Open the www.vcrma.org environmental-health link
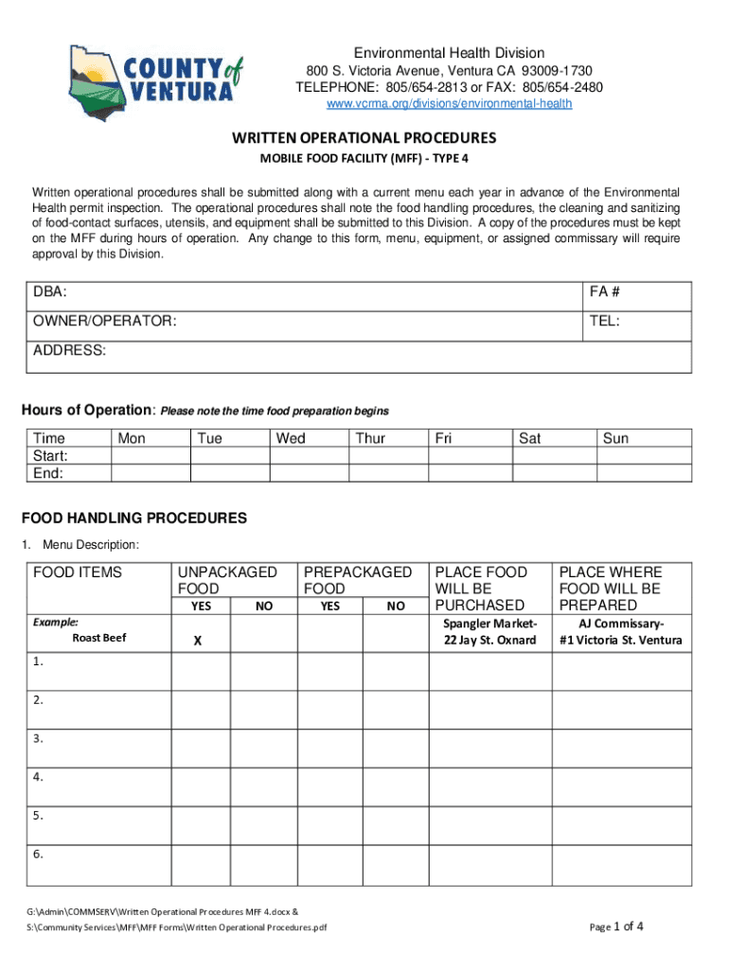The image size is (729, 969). pyautogui.click(x=449, y=103)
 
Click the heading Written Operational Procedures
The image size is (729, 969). pyautogui.click(x=364, y=137)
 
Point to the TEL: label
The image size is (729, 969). pyautogui.click(x=604, y=322)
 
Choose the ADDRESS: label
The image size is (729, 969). pyautogui.click(x=70, y=350)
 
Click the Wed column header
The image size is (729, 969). pyautogui.click(x=291, y=438)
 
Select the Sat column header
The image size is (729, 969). pyautogui.click(x=529, y=438)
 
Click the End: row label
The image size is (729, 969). pyautogui.click(x=48, y=472)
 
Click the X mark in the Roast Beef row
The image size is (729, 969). pyautogui.click(x=198, y=641)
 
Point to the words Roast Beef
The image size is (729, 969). pyautogui.click(x=99, y=638)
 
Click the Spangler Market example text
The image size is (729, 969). pyautogui.click(x=489, y=631)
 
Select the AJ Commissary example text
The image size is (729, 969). pyautogui.click(x=621, y=631)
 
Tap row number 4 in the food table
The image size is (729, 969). pyautogui.click(x=38, y=777)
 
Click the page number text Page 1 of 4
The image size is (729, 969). pyautogui.click(x=616, y=926)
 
